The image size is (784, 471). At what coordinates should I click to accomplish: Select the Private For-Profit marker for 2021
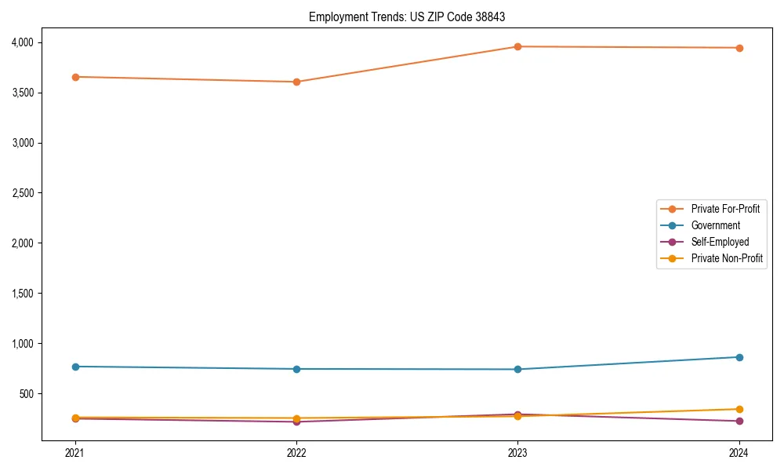coord(75,77)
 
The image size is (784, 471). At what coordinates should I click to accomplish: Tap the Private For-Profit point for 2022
coord(296,82)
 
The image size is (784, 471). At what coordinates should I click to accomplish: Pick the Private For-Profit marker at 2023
coord(517,47)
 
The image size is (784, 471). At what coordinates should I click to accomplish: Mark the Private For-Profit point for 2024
coord(739,48)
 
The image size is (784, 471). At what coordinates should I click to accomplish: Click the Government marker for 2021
coord(75,367)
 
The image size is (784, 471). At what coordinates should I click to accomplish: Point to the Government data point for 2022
coord(296,369)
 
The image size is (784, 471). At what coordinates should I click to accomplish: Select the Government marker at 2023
coord(517,369)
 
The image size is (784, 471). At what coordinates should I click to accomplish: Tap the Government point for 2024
coord(739,357)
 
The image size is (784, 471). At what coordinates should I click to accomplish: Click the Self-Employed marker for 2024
coord(739,422)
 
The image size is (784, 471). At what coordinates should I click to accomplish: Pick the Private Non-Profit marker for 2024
coord(739,409)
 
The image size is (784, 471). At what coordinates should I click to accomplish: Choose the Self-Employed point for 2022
coord(296,422)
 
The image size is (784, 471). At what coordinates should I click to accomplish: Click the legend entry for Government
coord(715,225)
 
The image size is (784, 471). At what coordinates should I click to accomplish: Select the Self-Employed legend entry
coord(720,242)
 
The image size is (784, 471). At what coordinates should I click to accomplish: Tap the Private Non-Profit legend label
coord(727,258)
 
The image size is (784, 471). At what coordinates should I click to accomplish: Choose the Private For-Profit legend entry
coord(725,209)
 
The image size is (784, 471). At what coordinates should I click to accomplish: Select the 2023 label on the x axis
coord(517,452)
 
